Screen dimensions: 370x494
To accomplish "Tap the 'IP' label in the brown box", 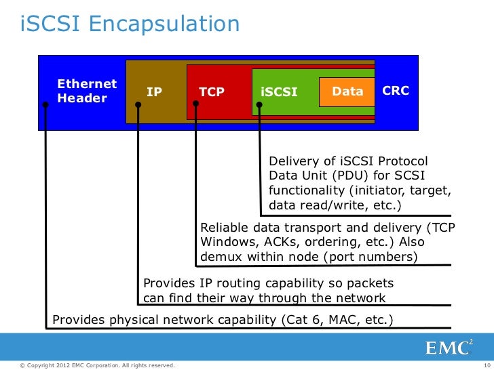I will (155, 91).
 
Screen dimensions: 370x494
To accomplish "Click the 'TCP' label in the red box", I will (212, 91).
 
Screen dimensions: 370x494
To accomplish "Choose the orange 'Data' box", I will (347, 91).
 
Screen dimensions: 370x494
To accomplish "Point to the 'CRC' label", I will (396, 91).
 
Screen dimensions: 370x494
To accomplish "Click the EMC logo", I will (449, 348).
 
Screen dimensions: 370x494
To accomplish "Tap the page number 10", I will (486, 366).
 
